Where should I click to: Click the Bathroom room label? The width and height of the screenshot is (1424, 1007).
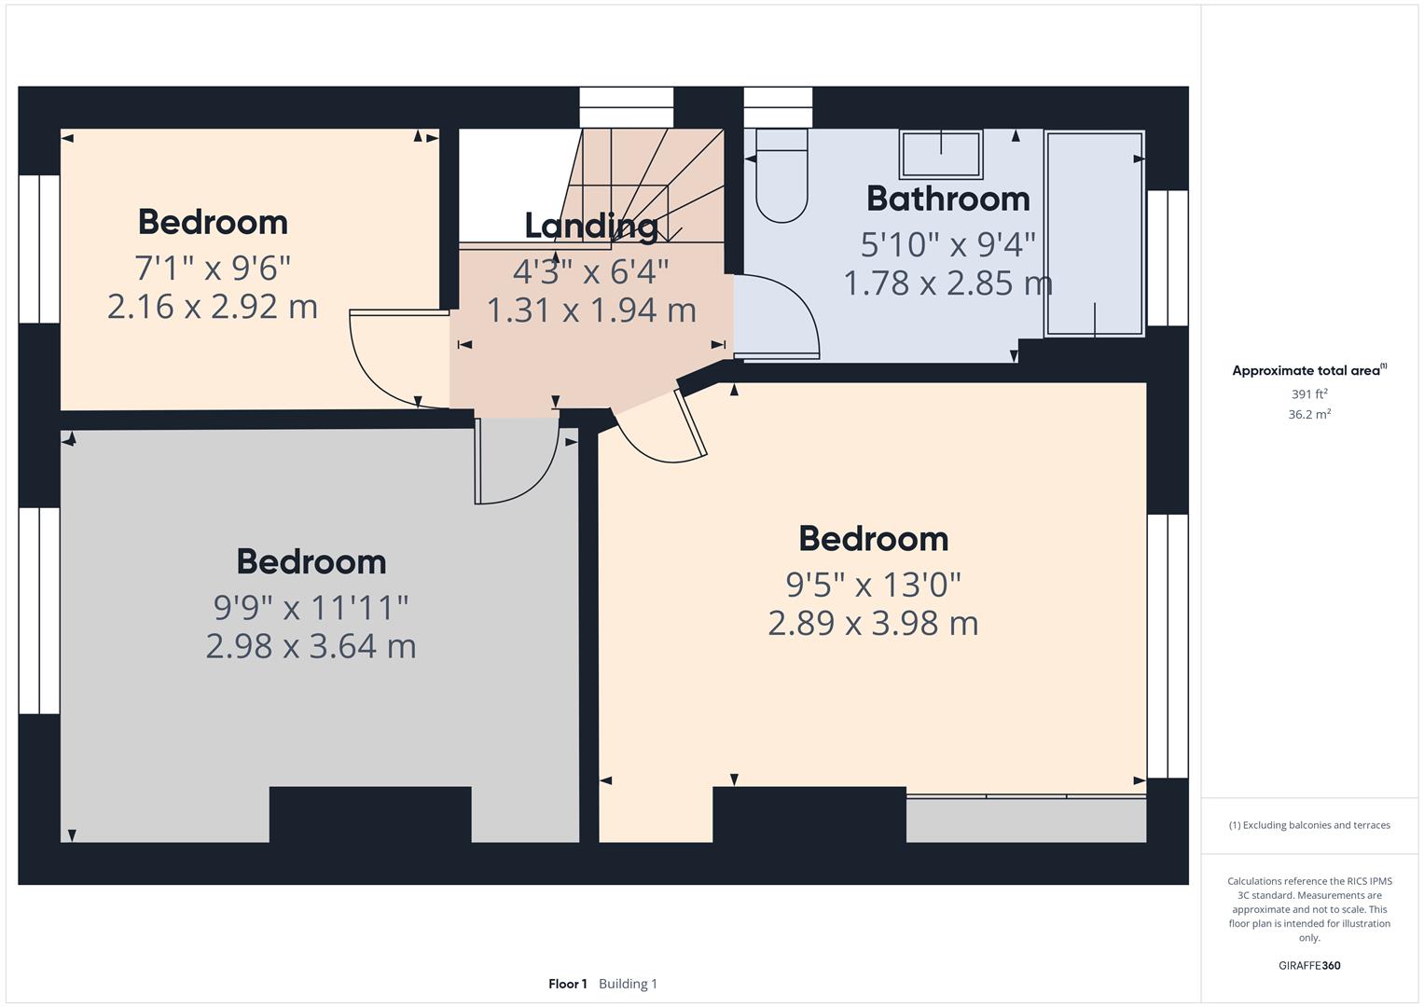click(947, 199)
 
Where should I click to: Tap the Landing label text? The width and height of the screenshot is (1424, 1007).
click(591, 226)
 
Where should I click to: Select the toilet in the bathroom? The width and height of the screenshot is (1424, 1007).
click(781, 182)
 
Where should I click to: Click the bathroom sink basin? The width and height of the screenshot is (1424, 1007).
click(940, 154)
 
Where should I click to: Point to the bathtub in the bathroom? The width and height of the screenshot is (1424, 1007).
click(1094, 233)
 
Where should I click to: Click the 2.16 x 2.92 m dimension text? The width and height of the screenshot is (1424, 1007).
click(213, 307)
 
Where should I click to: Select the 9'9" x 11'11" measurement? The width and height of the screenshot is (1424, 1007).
click(311, 608)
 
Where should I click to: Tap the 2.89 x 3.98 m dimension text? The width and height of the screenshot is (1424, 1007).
click(873, 623)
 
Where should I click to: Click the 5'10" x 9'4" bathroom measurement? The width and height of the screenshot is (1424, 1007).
click(947, 244)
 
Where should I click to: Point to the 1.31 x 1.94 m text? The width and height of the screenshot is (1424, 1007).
click(591, 310)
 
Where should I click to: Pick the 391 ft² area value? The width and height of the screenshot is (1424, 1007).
click(1309, 393)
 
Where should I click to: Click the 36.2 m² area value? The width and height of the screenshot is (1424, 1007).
click(1309, 414)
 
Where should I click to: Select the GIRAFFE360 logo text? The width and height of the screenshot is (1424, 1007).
click(1309, 965)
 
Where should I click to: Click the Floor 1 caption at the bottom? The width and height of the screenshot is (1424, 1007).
click(567, 984)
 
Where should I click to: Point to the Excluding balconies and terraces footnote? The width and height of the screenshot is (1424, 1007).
click(1309, 825)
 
